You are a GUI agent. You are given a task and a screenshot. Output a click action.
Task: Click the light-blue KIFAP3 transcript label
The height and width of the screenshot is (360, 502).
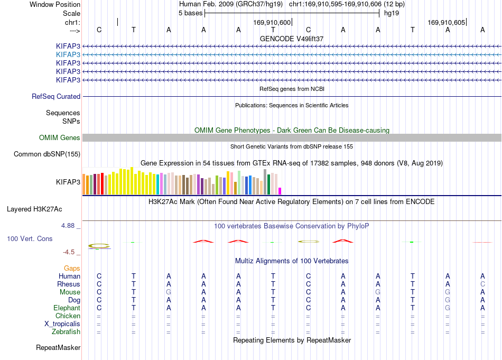[x=68, y=55]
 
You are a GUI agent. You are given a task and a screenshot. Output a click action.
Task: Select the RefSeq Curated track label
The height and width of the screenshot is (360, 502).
[x=56, y=96]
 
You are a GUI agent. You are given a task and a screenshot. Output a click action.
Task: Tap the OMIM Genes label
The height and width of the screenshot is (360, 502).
[x=60, y=138]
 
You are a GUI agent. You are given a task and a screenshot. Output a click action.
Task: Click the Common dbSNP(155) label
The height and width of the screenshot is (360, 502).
[x=47, y=154]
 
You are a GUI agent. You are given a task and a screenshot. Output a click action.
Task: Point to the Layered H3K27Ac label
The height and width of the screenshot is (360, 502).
[x=34, y=209]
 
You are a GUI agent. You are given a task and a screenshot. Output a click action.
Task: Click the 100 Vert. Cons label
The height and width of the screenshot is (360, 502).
[x=30, y=238]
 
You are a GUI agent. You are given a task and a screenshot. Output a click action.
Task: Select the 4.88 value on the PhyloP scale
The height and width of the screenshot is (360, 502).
[x=68, y=226]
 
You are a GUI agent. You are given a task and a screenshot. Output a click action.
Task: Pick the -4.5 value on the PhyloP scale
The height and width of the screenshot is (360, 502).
[x=69, y=252]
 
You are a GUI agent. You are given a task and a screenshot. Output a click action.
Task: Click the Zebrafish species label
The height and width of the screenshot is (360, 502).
[x=66, y=332]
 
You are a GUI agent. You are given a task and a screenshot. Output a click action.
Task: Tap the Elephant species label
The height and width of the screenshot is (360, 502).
[x=67, y=308]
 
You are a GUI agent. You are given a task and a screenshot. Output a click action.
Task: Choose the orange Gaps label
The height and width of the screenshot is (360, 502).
[x=72, y=269]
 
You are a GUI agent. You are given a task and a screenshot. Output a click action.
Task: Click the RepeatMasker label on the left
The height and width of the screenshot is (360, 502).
[x=58, y=348]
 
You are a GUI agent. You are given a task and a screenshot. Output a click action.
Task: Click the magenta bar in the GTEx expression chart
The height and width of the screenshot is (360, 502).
[x=280, y=191]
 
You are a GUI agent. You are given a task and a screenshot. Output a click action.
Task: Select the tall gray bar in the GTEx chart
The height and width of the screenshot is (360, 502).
[x=265, y=182]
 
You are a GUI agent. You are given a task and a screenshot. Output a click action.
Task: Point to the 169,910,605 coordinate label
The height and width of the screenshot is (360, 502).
[x=447, y=22]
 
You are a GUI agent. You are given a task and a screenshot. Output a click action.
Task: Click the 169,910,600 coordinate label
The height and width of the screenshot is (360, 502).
[x=272, y=22]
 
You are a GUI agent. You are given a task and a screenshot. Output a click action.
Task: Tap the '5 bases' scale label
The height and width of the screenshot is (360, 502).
[x=190, y=13]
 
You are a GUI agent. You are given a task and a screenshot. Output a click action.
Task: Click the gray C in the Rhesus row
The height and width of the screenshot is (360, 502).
[x=482, y=284]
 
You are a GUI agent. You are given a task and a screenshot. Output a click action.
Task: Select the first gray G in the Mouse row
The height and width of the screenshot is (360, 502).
[x=169, y=292]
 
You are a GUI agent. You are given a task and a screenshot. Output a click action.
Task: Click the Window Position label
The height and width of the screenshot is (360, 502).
[x=55, y=4]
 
